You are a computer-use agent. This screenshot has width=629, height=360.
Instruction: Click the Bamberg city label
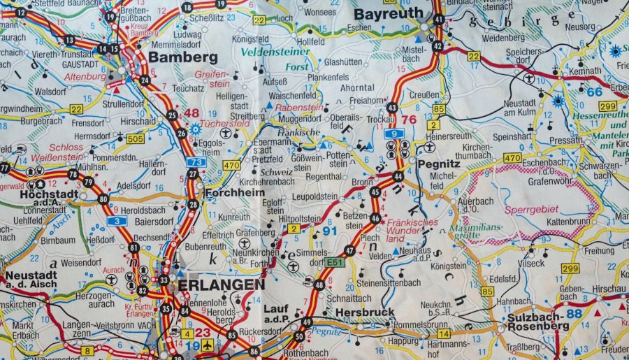point(183,57)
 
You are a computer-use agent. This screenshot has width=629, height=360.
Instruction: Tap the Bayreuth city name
point(389,13)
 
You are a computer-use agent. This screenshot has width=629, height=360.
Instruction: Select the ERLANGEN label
point(222,285)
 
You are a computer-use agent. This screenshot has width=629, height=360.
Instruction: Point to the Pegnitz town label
point(438,163)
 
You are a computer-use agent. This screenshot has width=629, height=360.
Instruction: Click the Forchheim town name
point(234,192)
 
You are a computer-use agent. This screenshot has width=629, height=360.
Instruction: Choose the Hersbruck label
point(365,312)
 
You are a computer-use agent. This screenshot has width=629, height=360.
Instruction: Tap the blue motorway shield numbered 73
point(197,162)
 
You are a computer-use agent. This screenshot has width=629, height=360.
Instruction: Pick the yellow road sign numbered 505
point(136,139)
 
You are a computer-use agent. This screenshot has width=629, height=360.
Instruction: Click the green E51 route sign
point(333,261)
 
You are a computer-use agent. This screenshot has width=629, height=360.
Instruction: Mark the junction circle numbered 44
point(398,176)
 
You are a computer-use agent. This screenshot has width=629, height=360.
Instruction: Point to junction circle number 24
point(145,80)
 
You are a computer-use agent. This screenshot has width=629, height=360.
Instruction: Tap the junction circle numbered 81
point(133,247)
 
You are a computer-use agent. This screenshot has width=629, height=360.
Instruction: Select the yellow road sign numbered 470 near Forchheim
point(231,165)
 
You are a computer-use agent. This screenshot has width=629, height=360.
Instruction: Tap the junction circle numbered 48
point(319,285)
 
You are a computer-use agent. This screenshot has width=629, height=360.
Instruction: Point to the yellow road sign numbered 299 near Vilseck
point(570,268)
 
